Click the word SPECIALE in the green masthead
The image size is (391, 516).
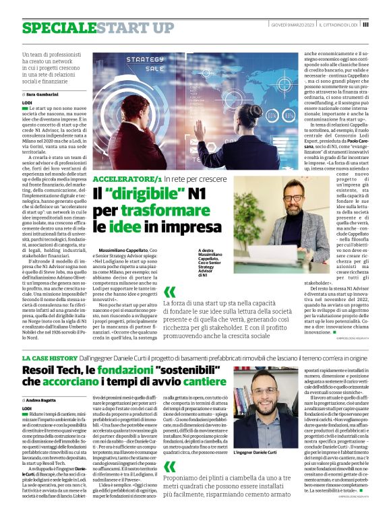click(x=54, y=27)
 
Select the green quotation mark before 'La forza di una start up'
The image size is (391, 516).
click(x=169, y=291)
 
